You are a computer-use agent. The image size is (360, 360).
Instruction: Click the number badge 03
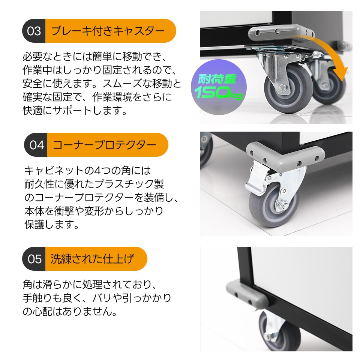pos(34,30)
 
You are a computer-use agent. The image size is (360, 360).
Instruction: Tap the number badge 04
pos(37,145)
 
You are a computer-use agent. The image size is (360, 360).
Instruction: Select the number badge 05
pos(34,259)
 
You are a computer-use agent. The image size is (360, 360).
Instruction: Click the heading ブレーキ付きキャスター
pos(108,30)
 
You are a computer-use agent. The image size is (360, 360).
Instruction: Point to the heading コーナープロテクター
pos(105,145)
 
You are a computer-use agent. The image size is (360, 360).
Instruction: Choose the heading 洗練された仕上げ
pos(92,259)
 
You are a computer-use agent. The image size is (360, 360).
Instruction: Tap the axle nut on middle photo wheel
pos(281,205)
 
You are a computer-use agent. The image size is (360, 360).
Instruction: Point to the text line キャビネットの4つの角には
pos(87,171)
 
